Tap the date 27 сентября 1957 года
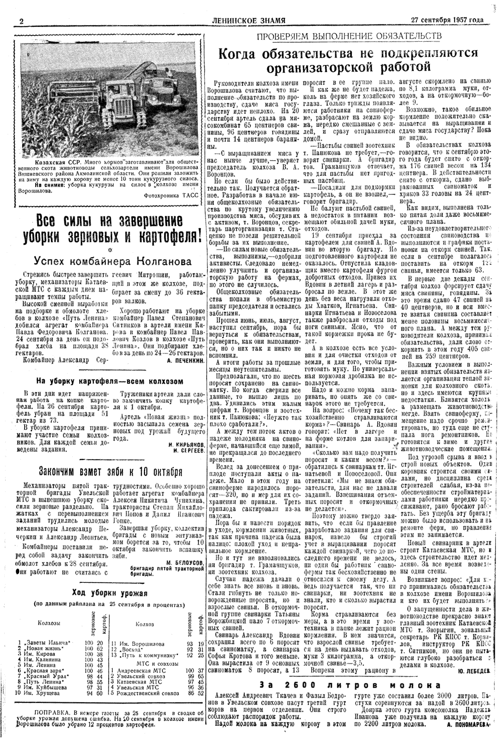click(x=447, y=20)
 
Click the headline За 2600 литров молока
click(x=350, y=685)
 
